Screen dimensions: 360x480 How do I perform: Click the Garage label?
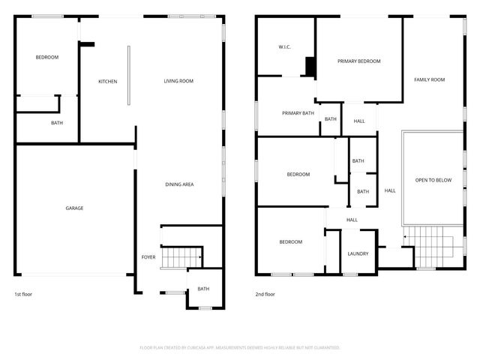[74, 208]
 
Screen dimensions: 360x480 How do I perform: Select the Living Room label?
[179, 81]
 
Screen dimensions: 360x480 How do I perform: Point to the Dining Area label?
[180, 184]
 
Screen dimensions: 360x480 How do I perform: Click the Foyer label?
[148, 257]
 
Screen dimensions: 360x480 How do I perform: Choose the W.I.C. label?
[284, 47]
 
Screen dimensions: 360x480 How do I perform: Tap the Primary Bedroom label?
[358, 61]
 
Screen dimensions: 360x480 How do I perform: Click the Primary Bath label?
[298, 113]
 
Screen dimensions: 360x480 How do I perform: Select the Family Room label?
[430, 79]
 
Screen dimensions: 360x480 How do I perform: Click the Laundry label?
[358, 253]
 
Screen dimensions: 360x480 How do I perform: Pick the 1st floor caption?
[23, 294]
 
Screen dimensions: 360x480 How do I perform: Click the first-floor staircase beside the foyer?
[182, 256]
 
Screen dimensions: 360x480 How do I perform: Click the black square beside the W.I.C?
[309, 67]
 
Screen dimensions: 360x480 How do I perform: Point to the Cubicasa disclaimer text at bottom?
[240, 347]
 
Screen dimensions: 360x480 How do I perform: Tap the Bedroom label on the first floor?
[47, 57]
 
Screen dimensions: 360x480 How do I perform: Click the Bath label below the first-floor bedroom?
[57, 123]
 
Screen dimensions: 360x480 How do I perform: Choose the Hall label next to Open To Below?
[390, 190]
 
